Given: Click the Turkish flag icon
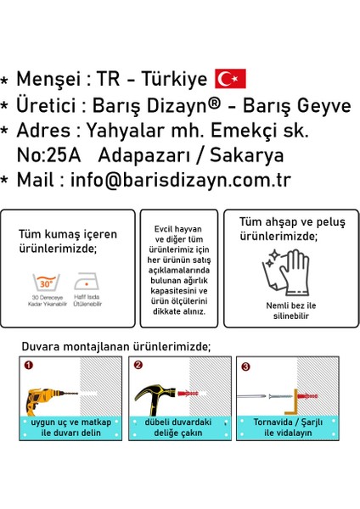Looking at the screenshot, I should tap(230, 79).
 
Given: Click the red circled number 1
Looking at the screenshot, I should tap(28, 366).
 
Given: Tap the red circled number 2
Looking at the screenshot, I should tap(137, 366).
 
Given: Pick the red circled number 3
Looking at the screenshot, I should tap(245, 366).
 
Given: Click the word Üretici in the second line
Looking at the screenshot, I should tap(48, 105).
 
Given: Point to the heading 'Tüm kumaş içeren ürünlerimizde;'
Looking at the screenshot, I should tap(68, 240).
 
